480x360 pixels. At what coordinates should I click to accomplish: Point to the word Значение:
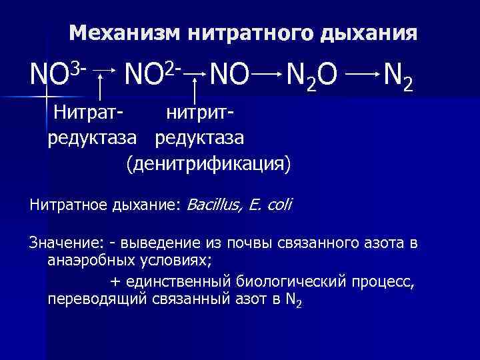(62, 242)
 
